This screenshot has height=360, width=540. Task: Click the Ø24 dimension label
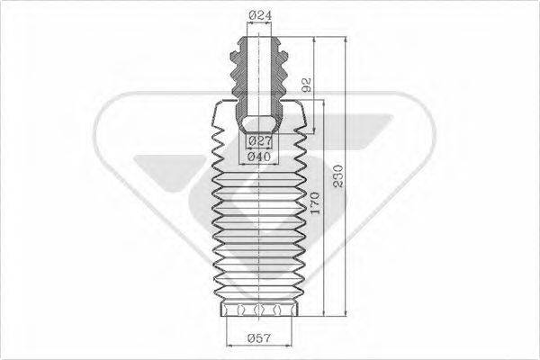[258, 14]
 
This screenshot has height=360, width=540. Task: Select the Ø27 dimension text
[259, 142]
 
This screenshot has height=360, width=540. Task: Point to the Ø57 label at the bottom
[258, 338]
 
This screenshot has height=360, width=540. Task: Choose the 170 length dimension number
[313, 203]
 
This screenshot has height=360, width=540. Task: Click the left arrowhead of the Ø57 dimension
[224, 328]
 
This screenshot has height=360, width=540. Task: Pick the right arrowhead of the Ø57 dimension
[293, 328]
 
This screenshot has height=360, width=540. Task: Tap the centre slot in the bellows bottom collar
[258, 310]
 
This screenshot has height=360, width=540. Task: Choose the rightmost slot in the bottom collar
[284, 310]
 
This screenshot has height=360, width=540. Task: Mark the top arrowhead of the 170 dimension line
[319, 103]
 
